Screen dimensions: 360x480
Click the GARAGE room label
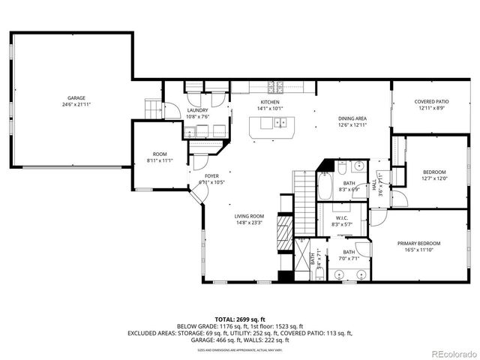(x=76, y=97)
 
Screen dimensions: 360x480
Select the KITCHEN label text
(x=270, y=101)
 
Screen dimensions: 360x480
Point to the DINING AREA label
(x=352, y=118)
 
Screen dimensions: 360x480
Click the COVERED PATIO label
(x=431, y=102)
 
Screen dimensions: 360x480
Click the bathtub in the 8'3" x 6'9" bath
(x=326, y=186)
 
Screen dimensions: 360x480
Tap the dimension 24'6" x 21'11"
(x=76, y=104)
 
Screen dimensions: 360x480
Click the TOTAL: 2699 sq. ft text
(x=240, y=319)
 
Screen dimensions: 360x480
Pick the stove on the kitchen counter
(x=282, y=85)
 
